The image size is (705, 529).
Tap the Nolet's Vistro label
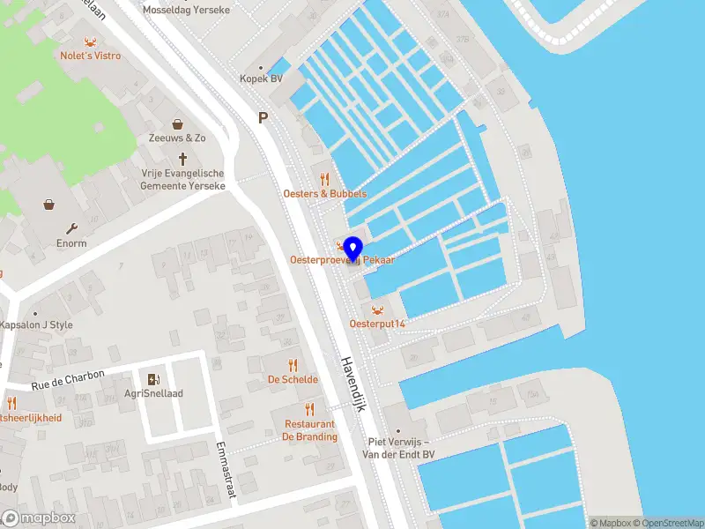pyautogui.click(x=91, y=56)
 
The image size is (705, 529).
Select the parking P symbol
pyautogui.click(x=262, y=117)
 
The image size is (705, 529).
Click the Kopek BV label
pyautogui.click(x=262, y=78)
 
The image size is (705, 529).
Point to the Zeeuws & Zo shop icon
pyautogui.click(x=177, y=124)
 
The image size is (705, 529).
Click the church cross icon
pyautogui.click(x=183, y=159)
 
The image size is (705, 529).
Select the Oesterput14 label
pyautogui.click(x=377, y=324)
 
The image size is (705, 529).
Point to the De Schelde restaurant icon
pyautogui.click(x=293, y=365)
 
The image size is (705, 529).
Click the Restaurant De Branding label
pyautogui.click(x=309, y=430)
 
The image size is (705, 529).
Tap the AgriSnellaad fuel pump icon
pyautogui.click(x=154, y=379)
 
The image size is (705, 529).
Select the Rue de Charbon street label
pyautogui.click(x=69, y=380)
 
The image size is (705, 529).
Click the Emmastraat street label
pyautogui.click(x=226, y=470)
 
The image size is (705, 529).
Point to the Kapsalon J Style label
pyautogui.click(x=36, y=324)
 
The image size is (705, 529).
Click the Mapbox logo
pyautogui.click(x=39, y=518)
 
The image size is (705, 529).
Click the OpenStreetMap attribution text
pyautogui.click(x=666, y=523)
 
